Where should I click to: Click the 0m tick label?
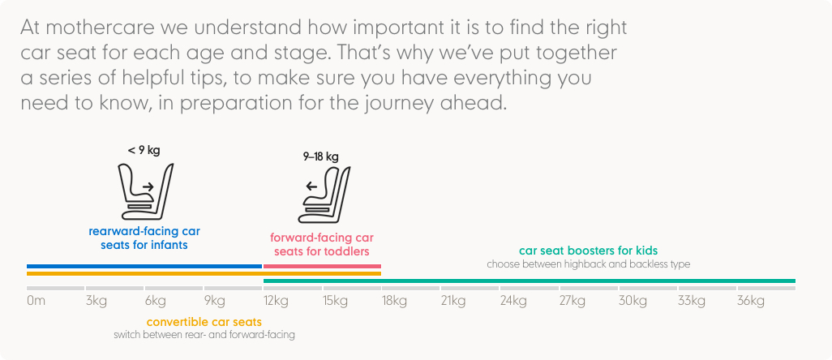click(x=36, y=301)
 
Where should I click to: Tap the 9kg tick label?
click(x=215, y=302)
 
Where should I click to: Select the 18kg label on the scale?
click(x=394, y=302)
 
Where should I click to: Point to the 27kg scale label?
click(x=573, y=302)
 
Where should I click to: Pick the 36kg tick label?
click(x=751, y=302)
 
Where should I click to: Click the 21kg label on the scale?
click(x=453, y=302)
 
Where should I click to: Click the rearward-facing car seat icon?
click(x=145, y=191)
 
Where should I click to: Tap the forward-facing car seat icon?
click(x=324, y=195)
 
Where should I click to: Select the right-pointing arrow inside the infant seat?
click(x=148, y=186)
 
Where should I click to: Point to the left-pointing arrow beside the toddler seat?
click(x=311, y=186)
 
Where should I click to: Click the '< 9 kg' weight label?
click(x=144, y=151)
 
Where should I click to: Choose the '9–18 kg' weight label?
click(x=320, y=157)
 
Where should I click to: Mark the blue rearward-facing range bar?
click(x=144, y=266)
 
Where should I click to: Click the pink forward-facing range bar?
click(x=322, y=266)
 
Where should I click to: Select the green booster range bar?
click(x=530, y=281)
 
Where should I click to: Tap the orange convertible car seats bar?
click(x=204, y=273)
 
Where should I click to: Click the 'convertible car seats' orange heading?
click(x=204, y=323)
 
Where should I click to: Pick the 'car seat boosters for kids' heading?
click(x=589, y=251)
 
